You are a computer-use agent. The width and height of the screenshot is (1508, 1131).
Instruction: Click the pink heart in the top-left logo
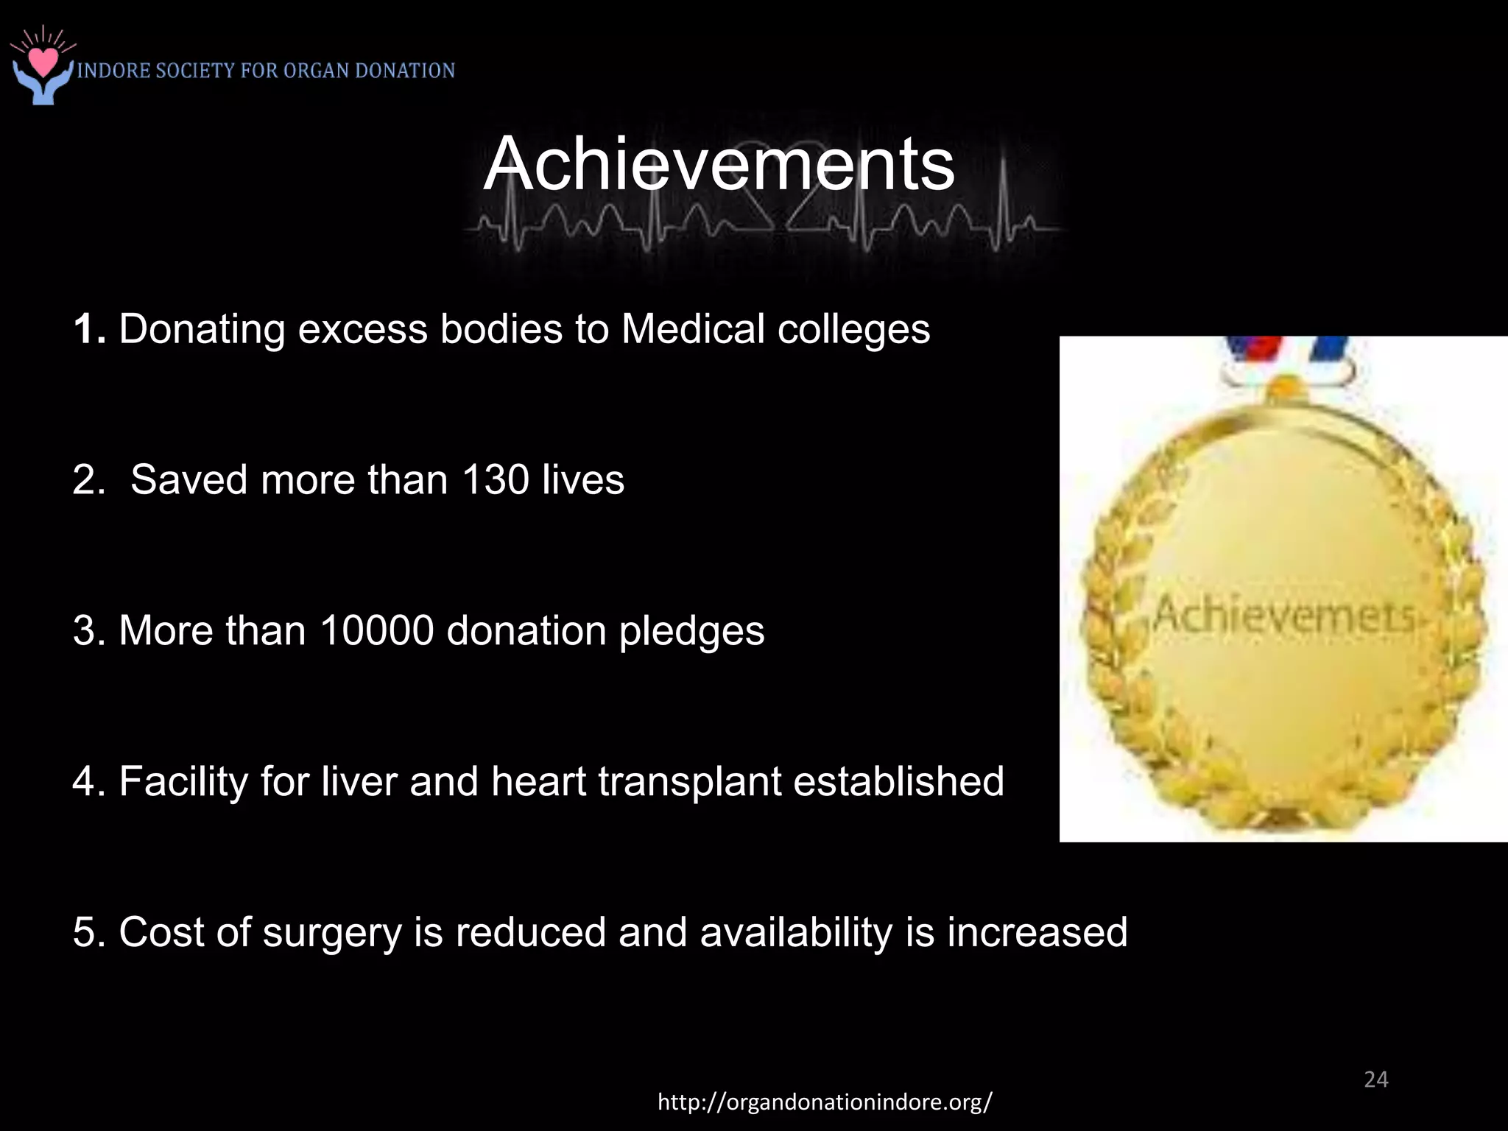pyautogui.click(x=45, y=60)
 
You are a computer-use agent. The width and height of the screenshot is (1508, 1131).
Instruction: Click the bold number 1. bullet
pyautogui.click(x=90, y=329)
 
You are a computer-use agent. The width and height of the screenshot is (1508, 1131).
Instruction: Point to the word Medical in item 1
pyautogui.click(x=692, y=329)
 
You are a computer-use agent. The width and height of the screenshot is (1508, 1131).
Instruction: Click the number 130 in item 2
pyautogui.click(x=496, y=480)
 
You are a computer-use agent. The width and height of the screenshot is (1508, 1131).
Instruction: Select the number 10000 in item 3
pyautogui.click(x=377, y=631)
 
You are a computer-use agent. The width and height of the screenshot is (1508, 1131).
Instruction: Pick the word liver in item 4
pyautogui.click(x=359, y=781)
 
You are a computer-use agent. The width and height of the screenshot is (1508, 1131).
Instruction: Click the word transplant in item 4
pyautogui.click(x=689, y=783)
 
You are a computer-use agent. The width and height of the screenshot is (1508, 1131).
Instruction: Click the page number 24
pyautogui.click(x=1375, y=1079)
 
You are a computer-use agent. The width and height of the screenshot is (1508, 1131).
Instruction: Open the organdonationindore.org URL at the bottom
pyautogui.click(x=825, y=1102)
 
